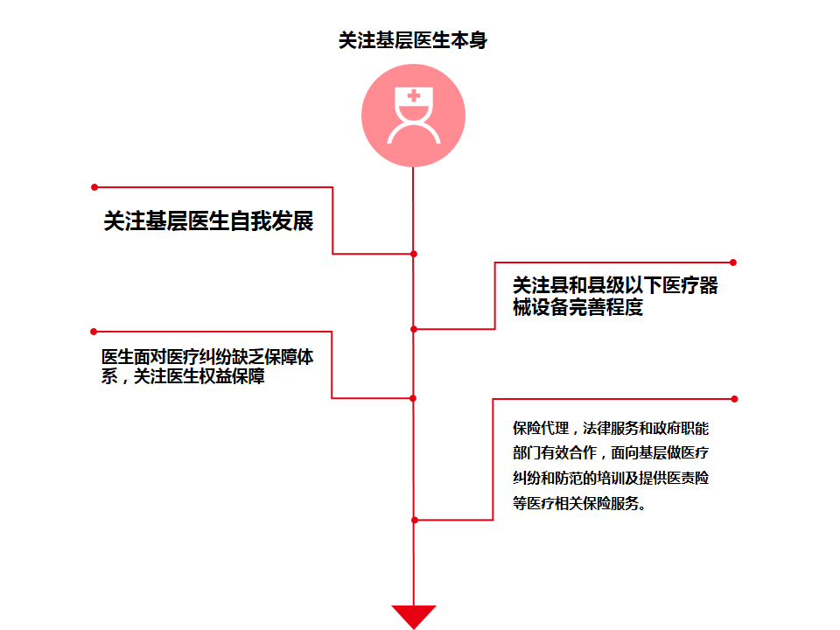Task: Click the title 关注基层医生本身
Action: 412,40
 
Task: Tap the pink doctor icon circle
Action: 413,115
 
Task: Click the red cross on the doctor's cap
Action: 413,96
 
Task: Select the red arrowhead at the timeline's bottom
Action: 413,616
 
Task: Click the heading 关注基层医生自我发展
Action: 208,221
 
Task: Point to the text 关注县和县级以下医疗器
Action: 614,286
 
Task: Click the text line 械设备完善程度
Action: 577,308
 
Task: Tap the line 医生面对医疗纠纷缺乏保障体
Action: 208,357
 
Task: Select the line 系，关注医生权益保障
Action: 184,378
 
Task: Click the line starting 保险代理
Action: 610,430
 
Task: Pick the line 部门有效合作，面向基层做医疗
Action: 610,454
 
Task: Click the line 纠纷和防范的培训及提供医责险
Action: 610,479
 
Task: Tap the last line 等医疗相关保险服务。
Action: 579,503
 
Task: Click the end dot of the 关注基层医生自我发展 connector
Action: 94,186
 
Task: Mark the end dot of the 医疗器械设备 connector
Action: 733,262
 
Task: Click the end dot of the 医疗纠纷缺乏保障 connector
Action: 94,332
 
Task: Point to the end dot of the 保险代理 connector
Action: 734,399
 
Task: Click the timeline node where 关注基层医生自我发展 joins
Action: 414,254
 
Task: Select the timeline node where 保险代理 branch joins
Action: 414,520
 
